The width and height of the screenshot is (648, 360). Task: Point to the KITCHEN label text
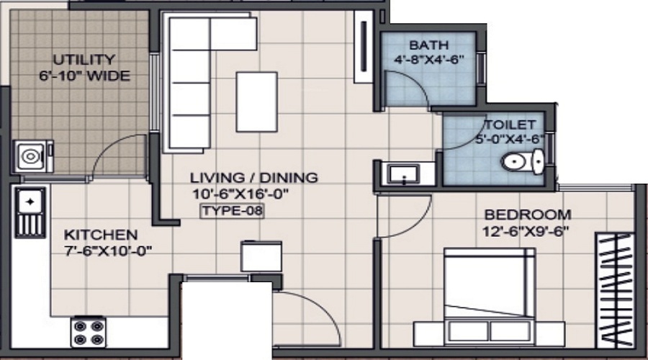point(101,235)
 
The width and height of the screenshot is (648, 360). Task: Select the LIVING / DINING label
point(253,177)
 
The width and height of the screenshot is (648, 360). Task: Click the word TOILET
point(510,124)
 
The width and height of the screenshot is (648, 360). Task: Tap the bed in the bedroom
point(490,295)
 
